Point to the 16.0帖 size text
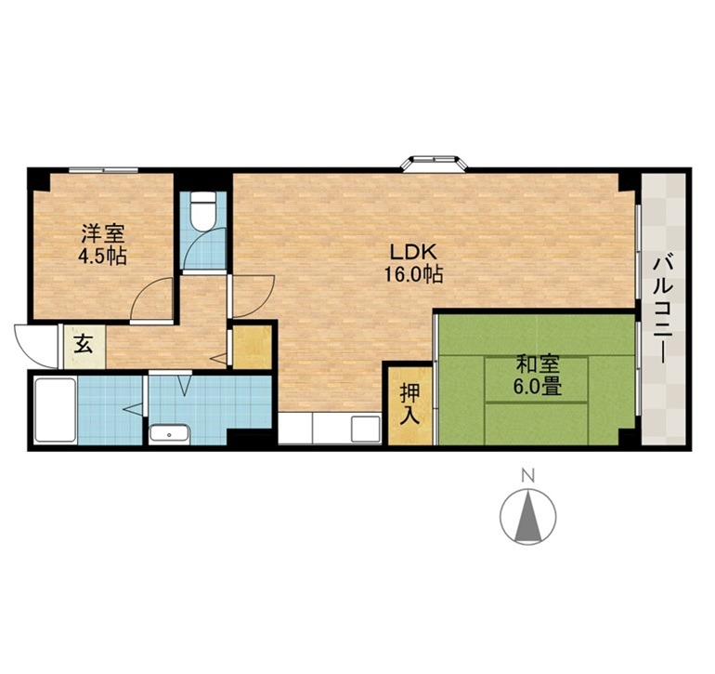414,274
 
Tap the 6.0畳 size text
537,388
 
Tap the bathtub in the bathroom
53,408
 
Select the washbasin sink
168,433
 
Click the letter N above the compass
527,477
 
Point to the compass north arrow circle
527,517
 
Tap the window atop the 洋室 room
104,170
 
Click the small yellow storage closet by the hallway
250,347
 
